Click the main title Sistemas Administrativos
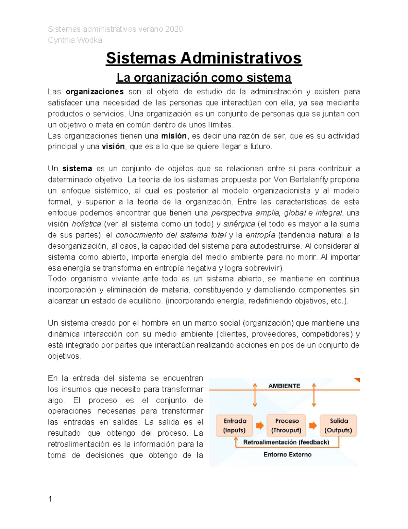point(204,58)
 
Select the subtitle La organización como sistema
point(204,78)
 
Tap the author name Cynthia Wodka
point(75,40)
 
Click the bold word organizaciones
point(95,92)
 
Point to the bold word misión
point(174,136)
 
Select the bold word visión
point(113,147)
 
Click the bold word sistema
point(77,169)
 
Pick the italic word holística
point(86,224)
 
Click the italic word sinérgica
point(239,224)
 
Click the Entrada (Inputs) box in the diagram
point(235,425)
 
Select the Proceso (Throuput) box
point(286,425)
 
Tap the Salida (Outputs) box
point(338,425)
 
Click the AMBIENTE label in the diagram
point(284,386)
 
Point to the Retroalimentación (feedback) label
point(286,442)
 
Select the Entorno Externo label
point(287,454)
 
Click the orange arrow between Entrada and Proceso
point(260,425)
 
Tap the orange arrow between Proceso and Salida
point(313,425)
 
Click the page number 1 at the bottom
point(50,499)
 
